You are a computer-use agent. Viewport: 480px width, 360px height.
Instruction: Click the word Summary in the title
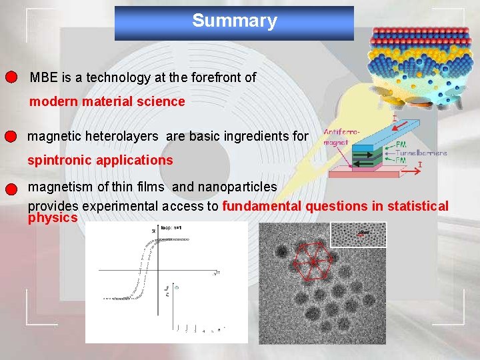[234, 21]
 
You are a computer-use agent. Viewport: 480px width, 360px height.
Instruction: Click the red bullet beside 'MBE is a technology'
[11, 77]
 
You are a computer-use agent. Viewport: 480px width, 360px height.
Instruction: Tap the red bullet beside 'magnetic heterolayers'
[9, 137]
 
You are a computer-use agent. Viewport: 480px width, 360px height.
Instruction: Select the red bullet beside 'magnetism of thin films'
[10, 188]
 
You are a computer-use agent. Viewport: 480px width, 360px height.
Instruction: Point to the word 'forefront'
[215, 77]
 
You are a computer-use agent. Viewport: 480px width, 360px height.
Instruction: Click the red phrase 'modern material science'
[107, 101]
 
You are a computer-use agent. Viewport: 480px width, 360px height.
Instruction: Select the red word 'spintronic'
[58, 160]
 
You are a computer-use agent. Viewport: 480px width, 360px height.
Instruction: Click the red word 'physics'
[53, 218]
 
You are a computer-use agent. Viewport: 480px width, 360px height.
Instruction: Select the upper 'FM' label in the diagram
[401, 144]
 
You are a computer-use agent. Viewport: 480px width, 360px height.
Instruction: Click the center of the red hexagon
[311, 261]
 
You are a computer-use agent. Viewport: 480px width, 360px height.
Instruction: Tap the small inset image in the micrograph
[358, 234]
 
